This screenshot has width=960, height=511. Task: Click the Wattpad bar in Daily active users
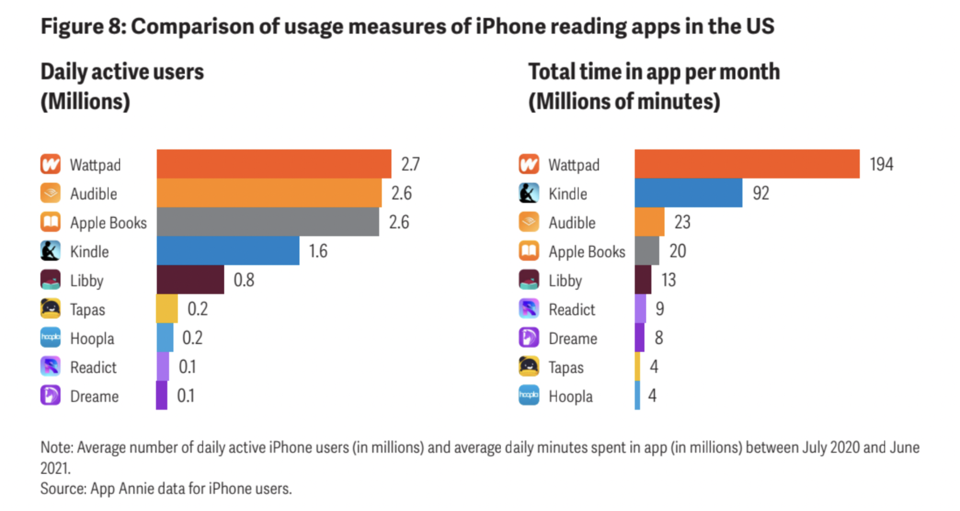click(273, 164)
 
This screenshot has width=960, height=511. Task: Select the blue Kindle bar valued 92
click(688, 193)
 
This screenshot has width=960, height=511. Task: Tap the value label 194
click(881, 164)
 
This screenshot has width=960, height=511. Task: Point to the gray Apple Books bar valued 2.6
click(268, 221)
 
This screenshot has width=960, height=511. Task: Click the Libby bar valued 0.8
click(190, 280)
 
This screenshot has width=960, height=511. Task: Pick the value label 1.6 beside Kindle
click(318, 251)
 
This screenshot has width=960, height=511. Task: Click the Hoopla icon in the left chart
click(51, 338)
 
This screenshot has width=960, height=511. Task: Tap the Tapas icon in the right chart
click(529, 366)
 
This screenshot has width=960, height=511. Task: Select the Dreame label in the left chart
click(94, 396)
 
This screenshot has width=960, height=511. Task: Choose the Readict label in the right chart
click(572, 310)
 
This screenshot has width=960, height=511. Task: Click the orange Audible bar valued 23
click(649, 221)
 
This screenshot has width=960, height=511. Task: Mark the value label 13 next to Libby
click(668, 280)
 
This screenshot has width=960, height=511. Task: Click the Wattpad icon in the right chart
click(529, 164)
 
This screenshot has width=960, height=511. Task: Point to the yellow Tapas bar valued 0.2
click(167, 309)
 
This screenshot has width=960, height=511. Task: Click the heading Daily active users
click(122, 72)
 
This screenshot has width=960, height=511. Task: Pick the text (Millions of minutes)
click(624, 102)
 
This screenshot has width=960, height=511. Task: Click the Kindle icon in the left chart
click(51, 251)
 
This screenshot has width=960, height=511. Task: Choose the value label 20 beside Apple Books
click(678, 251)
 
